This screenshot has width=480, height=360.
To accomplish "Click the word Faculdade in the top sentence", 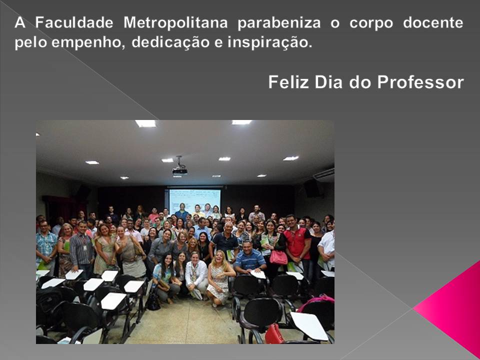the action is [74, 22].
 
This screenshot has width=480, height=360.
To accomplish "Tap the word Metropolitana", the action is [175, 22].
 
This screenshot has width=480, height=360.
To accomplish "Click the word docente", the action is [433, 22].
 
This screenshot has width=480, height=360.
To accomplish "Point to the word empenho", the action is [88, 42].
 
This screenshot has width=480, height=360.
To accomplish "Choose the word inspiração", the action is [269, 42].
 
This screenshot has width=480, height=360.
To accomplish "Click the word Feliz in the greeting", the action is [288, 82].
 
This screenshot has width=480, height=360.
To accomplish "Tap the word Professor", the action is [420, 82].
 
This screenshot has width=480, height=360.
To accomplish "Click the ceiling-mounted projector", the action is [179, 168].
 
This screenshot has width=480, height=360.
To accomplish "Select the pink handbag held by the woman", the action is [278, 257].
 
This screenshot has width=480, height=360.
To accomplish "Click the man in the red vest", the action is [297, 242].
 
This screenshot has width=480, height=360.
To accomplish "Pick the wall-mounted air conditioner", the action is [324, 175].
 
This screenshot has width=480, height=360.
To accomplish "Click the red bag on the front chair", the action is [274, 334].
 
